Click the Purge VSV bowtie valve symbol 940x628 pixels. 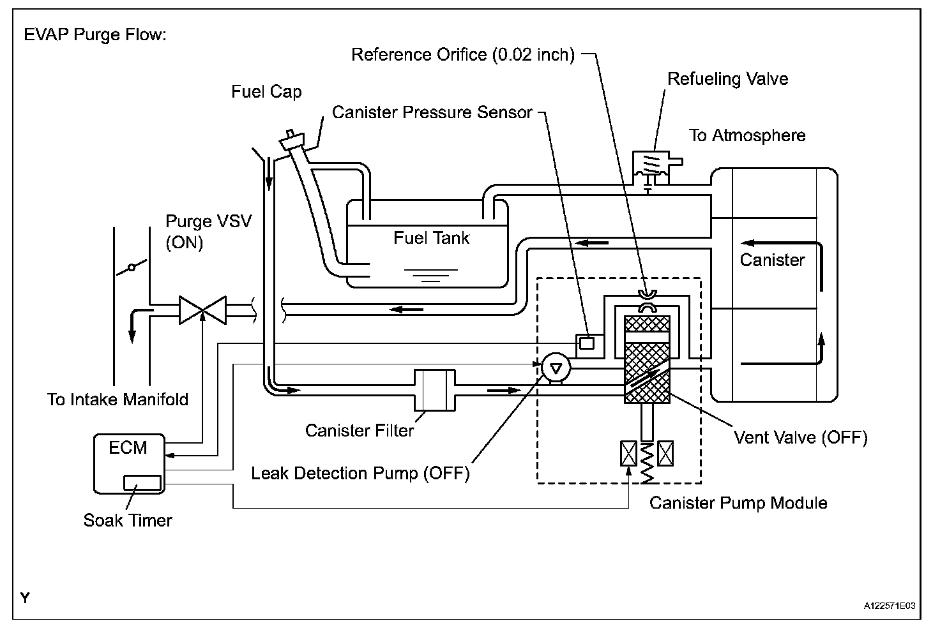click(202, 310)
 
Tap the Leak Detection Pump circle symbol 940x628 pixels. click(556, 368)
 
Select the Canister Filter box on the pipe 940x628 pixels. click(435, 390)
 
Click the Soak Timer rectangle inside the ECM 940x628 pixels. click(142, 482)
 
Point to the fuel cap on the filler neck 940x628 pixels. click(292, 140)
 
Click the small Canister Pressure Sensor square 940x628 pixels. click(587, 343)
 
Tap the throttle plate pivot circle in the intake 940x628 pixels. click(132, 267)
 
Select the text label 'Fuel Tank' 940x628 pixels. click(432, 238)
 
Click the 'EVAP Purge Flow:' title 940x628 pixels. click(95, 34)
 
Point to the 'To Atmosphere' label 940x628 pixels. click(747, 135)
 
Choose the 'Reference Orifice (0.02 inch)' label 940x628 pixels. click(463, 54)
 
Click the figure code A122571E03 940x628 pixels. click(889, 606)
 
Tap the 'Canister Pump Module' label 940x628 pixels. click(738, 502)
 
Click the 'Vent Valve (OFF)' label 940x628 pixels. click(801, 438)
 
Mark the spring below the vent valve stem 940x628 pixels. click(647, 462)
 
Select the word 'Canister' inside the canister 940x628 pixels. click(772, 260)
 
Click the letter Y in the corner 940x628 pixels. click(25, 598)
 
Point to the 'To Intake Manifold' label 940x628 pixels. click(117, 400)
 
